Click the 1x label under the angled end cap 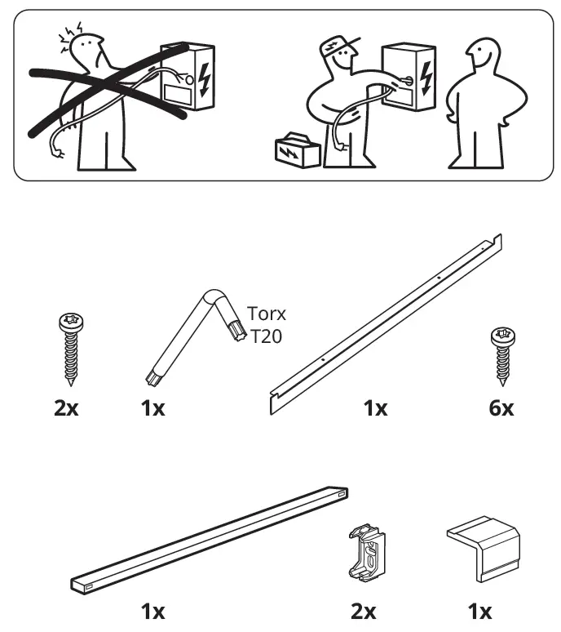[x=479, y=611]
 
